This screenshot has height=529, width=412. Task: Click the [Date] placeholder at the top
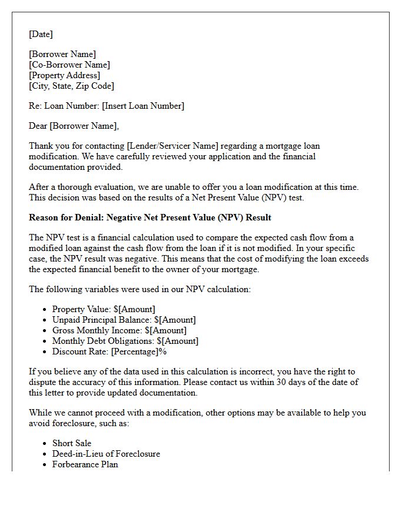pyautogui.click(x=41, y=34)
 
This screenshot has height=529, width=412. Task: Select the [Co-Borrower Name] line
pyautogui.click(x=69, y=65)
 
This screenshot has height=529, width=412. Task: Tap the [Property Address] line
pyautogui.click(x=65, y=75)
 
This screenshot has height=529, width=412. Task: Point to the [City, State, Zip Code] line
pyautogui.click(x=72, y=86)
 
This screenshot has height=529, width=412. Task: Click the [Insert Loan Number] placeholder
pyautogui.click(x=143, y=106)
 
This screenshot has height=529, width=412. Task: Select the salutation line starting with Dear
pyautogui.click(x=74, y=126)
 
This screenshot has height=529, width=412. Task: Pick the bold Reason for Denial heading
pyautogui.click(x=150, y=217)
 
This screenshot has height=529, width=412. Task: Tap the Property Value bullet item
pyautogui.click(x=104, y=309)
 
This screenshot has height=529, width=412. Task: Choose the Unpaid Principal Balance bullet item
pyautogui.click(x=124, y=320)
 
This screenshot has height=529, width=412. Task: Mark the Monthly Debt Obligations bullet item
pyautogui.click(x=125, y=341)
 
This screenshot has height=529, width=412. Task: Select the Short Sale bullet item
pyautogui.click(x=72, y=443)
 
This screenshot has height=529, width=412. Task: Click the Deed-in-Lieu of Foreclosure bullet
pyautogui.click(x=106, y=454)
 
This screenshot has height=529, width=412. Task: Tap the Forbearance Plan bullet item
pyautogui.click(x=85, y=464)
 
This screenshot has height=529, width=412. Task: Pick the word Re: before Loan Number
pyautogui.click(x=35, y=106)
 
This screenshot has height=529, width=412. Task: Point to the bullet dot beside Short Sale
pyautogui.click(x=45, y=444)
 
